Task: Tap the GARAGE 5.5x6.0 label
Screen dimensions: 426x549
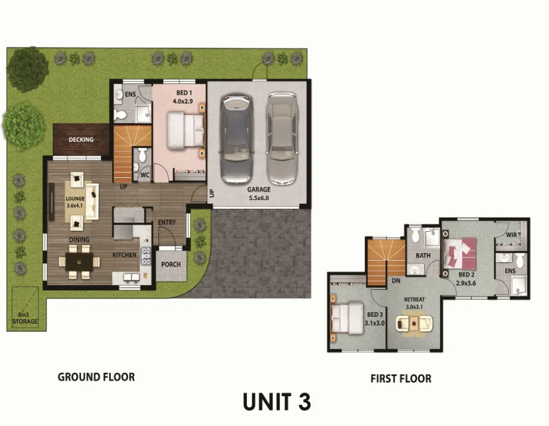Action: click(258, 194)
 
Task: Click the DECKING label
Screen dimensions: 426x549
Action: click(81, 140)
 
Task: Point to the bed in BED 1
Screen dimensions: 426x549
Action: click(185, 131)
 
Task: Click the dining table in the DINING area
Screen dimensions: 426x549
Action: click(79, 262)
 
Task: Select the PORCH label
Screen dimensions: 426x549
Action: click(171, 264)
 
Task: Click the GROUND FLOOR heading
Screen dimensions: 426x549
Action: click(96, 377)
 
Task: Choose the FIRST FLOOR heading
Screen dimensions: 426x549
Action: click(401, 378)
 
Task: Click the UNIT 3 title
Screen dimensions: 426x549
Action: click(276, 402)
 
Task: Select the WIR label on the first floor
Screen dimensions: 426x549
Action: click(511, 235)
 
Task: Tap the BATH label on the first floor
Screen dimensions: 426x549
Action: click(423, 256)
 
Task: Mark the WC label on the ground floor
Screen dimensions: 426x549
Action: click(144, 175)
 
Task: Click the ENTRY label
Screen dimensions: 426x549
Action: click(167, 222)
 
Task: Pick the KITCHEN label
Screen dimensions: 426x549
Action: click(124, 255)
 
